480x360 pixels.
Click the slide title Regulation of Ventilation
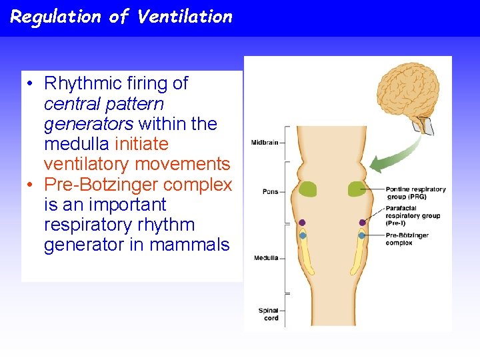click(121, 17)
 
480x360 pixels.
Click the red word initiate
click(141, 144)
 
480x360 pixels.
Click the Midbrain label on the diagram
click(264, 143)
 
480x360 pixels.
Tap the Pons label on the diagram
click(270, 192)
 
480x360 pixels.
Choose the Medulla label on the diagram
click(265, 258)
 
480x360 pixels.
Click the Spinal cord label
click(268, 314)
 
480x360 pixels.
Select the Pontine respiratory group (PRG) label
click(415, 193)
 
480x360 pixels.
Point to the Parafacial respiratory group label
click(413, 215)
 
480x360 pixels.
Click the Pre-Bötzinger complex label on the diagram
click(407, 239)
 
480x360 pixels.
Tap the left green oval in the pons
click(307, 189)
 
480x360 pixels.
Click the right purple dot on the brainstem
click(362, 223)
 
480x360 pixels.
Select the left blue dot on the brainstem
click(303, 235)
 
